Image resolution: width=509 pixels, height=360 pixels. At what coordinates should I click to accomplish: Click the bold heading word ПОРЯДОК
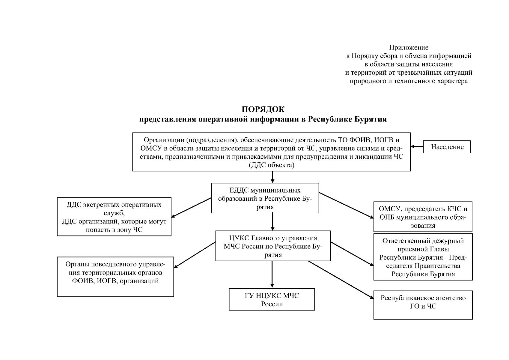pos(263,109)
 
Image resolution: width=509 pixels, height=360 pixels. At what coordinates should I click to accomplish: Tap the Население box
pos(447,147)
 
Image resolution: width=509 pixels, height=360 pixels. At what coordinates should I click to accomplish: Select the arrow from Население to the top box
pos(417,147)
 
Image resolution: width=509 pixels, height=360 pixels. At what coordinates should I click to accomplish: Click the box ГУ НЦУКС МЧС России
pos(272,299)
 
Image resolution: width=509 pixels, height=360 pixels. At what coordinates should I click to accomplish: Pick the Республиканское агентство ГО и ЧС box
pos(423,305)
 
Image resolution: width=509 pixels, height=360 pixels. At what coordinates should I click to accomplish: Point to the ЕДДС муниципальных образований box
pos(265,198)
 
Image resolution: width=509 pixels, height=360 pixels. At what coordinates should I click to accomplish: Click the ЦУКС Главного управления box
pos(273,246)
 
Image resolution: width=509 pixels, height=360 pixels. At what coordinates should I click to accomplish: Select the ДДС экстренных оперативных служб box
pos(114,217)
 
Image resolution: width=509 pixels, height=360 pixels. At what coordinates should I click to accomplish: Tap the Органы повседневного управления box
pos(115,277)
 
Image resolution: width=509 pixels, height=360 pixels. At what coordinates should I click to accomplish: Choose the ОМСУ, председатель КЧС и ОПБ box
pos(423,217)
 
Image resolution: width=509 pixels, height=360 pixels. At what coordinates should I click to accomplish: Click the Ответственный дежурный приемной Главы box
pos(423,257)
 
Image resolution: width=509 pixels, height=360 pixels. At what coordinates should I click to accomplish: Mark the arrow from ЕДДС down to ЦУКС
pos(272,222)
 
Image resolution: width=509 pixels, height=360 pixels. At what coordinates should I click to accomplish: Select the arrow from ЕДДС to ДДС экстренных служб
pos(191,207)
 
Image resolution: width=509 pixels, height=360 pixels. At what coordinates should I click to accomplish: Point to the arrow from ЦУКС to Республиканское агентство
pos(341,280)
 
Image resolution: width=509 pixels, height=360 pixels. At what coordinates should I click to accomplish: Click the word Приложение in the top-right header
pos(409,47)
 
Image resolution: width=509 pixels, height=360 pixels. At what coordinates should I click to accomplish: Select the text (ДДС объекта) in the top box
pos(272,165)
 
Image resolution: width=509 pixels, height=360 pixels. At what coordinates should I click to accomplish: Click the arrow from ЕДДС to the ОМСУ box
pos(346,205)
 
